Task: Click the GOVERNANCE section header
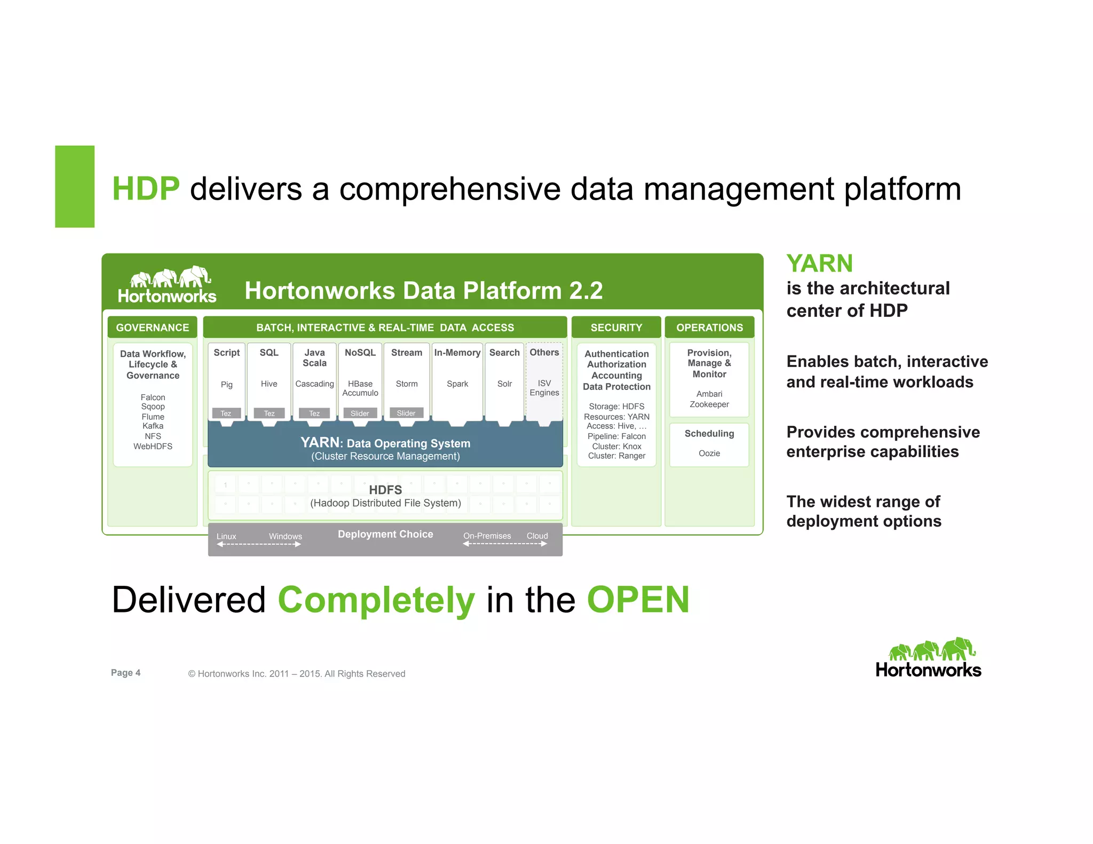click(152, 328)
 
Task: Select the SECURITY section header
click(616, 328)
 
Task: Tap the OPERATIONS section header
click(709, 328)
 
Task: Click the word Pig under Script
click(226, 385)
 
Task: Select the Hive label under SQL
click(269, 384)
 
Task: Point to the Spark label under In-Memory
click(457, 384)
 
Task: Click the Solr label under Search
click(504, 384)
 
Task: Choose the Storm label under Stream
click(407, 384)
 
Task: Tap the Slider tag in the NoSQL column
click(360, 413)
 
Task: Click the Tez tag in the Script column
click(226, 413)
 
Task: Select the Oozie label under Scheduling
click(709, 453)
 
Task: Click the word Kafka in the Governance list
click(153, 426)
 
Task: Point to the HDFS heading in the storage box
click(385, 490)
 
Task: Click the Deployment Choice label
click(385, 534)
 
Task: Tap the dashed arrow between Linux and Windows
click(259, 544)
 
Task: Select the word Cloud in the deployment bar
click(537, 536)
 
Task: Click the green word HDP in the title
click(146, 189)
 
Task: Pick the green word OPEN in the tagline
click(638, 600)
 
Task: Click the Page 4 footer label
click(125, 673)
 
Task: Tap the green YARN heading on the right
click(819, 264)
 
